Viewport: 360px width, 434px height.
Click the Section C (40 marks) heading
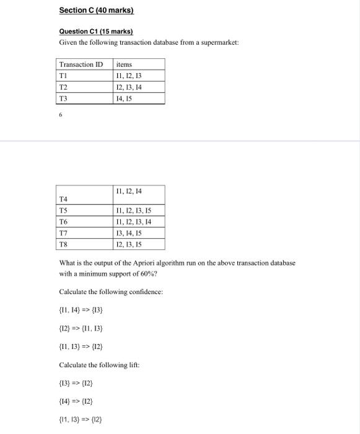[x=96, y=11]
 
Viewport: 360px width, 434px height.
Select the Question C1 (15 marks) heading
[x=96, y=31]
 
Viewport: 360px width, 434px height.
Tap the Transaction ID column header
[x=81, y=64]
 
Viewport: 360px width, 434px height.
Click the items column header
[x=124, y=64]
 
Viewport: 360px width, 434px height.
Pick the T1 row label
[x=64, y=76]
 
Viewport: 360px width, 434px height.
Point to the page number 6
[x=61, y=115]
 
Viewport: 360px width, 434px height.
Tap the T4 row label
[x=63, y=198]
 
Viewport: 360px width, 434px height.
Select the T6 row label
[x=63, y=221]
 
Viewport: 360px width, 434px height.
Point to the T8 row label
[x=63, y=244]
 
